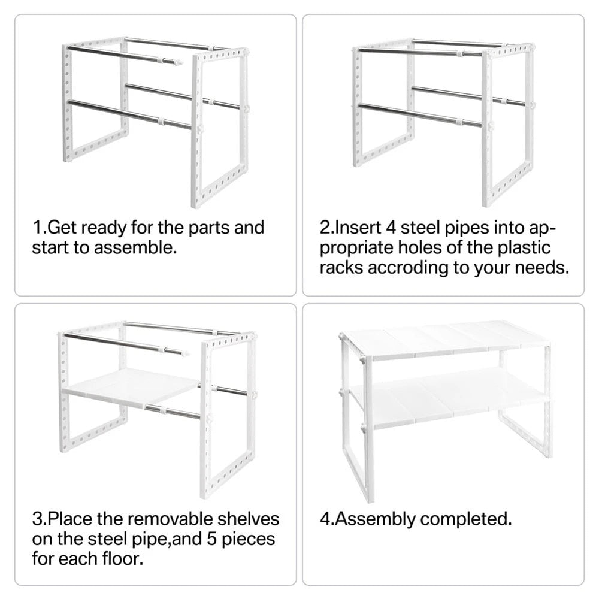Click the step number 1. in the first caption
(40, 228)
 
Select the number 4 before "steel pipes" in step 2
(391, 228)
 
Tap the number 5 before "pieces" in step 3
(212, 539)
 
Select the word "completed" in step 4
(464, 519)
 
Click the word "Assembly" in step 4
(375, 519)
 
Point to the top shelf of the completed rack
(447, 340)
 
